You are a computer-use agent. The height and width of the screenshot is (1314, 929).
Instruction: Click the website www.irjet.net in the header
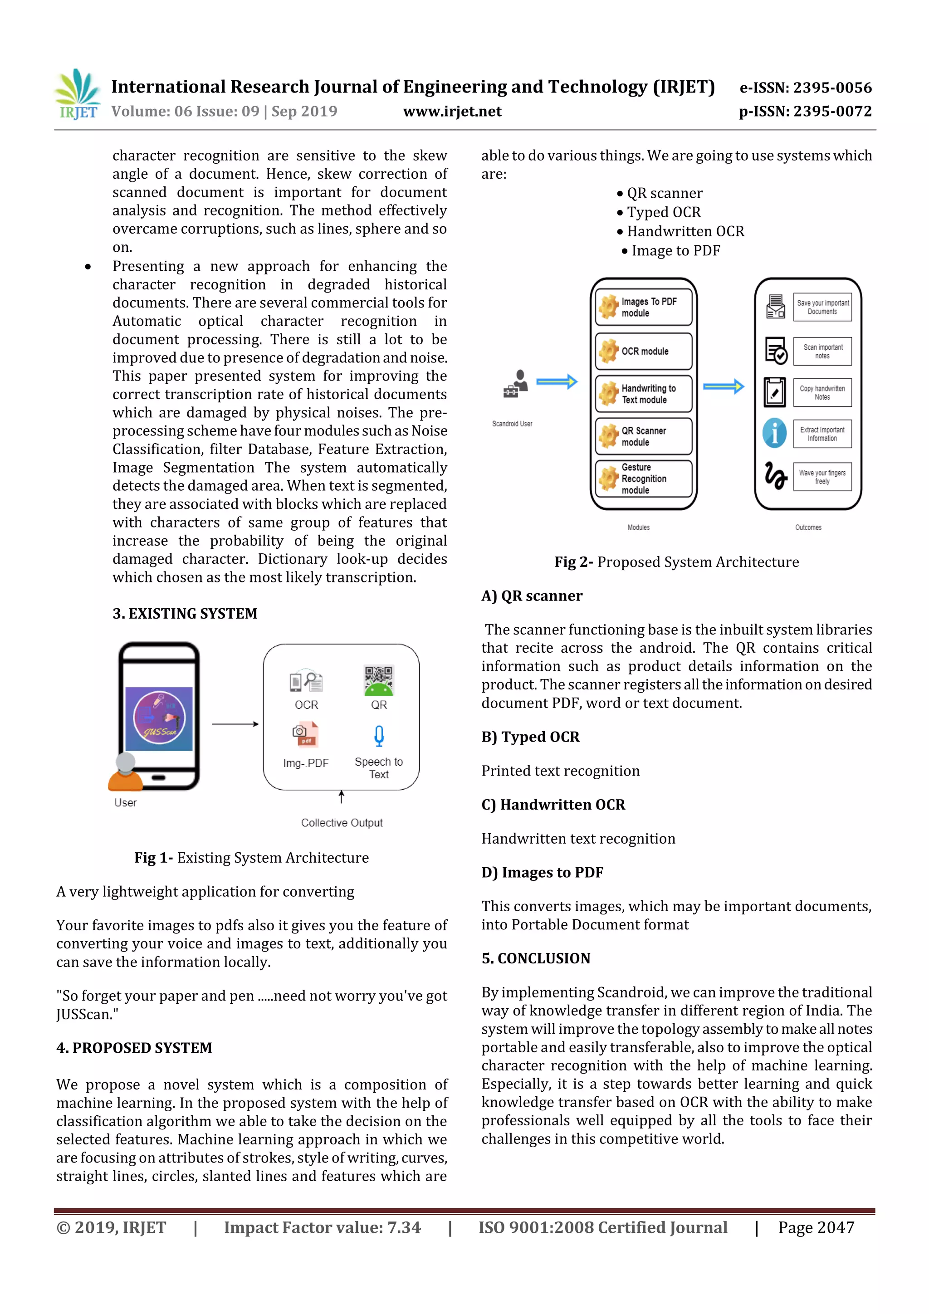(452, 112)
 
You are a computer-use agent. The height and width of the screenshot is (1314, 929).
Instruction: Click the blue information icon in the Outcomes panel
(774, 433)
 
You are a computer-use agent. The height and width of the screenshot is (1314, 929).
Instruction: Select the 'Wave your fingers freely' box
(822, 477)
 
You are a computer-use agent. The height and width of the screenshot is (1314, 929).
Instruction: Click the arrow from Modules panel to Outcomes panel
(723, 387)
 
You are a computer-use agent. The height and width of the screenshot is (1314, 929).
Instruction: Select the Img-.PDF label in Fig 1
(306, 763)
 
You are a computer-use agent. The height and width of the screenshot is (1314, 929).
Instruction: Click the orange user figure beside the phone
(125, 772)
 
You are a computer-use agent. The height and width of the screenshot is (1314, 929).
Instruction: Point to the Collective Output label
(342, 823)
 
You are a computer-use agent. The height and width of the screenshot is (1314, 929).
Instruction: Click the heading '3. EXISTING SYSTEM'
(185, 614)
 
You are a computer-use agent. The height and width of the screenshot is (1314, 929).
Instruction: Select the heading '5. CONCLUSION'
(536, 958)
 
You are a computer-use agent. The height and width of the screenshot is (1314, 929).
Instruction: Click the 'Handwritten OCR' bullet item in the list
(685, 232)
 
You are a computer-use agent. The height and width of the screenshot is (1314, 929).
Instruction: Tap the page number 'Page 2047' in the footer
(816, 1227)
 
